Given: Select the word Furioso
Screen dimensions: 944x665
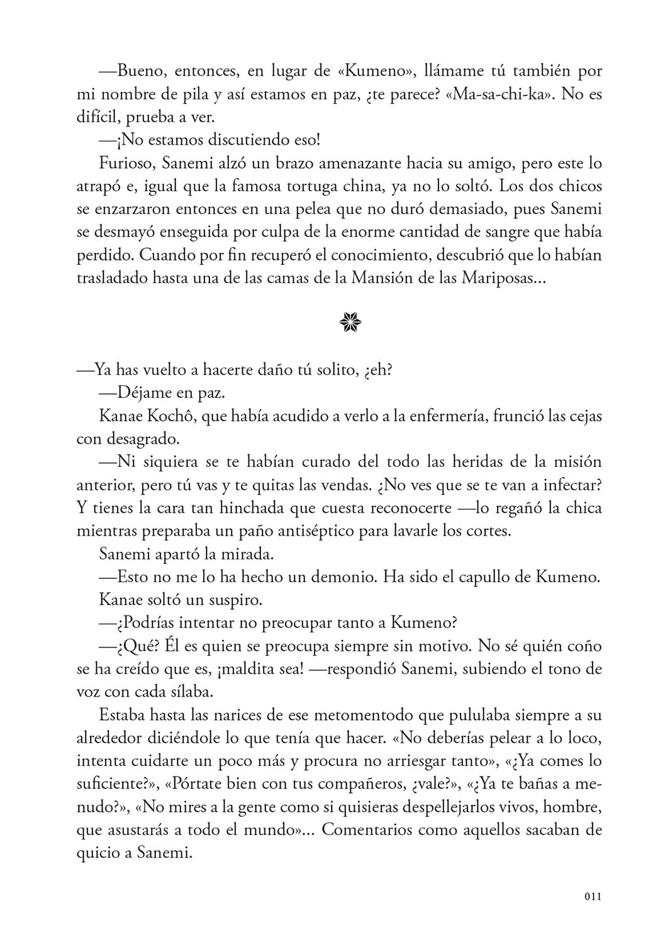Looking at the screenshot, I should [x=127, y=163].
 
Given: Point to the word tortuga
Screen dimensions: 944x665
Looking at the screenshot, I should [x=328, y=186].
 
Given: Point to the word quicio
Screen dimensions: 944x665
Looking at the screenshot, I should [x=96, y=853].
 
